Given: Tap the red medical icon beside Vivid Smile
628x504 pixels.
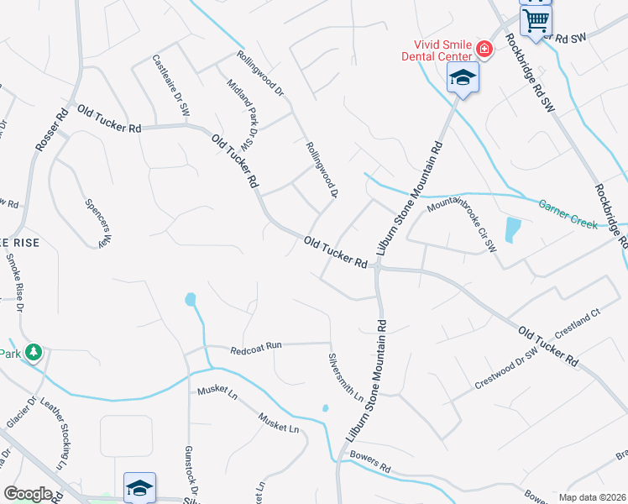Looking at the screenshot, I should click(484, 50).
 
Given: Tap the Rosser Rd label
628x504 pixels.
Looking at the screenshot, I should click(52, 129).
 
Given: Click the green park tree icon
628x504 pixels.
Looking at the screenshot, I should click(34, 353).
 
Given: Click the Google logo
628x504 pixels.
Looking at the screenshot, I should click(27, 494).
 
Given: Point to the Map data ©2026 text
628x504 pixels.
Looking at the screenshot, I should click(592, 497).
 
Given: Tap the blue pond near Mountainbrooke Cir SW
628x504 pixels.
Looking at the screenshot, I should click(512, 229).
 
